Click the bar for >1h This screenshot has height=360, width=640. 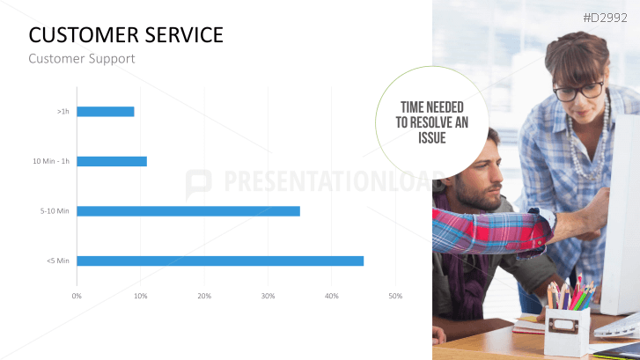pos(106,112)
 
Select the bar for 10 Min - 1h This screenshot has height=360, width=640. pos(112,161)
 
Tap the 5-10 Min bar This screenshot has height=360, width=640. pos(188,211)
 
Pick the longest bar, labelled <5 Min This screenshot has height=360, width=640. pos(220,261)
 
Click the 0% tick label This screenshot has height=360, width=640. pos(77,296)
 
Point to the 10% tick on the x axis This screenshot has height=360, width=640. pos(140,296)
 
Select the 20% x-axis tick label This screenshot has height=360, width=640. pos(204,296)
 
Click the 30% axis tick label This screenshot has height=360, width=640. pos(268,296)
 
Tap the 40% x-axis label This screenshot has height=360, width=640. pos(332,296)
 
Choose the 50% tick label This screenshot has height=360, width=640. pos(395,296)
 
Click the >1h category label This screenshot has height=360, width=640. pos(63,112)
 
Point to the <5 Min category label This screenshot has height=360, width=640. pos(58,261)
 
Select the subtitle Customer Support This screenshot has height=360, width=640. pos(81,59)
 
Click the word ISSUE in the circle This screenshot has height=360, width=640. pos(432,138)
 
